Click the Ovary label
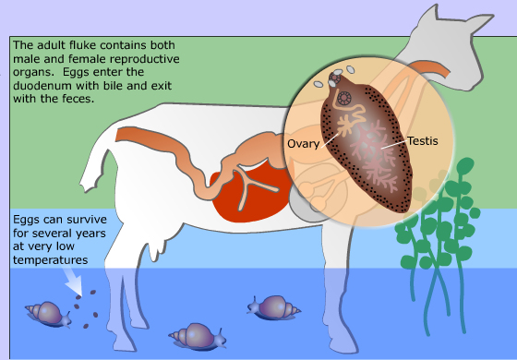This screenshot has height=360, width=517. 304,144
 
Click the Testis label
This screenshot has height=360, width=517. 423,140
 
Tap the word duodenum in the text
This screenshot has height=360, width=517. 42,86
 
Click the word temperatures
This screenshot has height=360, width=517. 51,259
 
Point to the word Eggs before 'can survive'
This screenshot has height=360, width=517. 26,220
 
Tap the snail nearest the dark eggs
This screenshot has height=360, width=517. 49,314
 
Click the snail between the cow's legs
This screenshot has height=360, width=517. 198,336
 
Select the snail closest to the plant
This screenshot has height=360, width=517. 273,308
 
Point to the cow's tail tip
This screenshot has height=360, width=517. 87,188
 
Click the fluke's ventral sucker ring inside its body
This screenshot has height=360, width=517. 344,98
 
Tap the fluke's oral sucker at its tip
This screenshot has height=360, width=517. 334,78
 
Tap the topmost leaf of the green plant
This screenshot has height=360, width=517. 465,166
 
